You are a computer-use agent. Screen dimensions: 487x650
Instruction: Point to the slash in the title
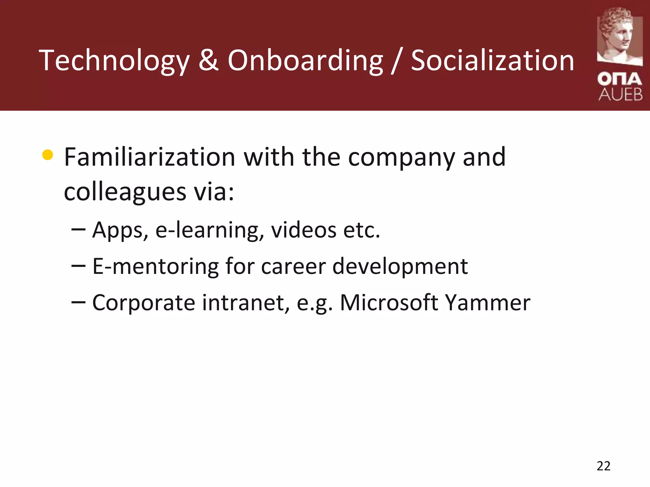pos(397,61)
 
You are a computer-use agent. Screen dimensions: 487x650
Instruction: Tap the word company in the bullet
pos(401,158)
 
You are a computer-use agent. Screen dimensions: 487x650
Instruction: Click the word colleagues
pos(125,192)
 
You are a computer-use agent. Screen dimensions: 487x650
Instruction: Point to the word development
pos(400,267)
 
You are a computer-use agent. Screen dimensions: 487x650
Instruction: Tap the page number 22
pos(603,466)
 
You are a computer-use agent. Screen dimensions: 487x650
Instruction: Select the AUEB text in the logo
pos(620,95)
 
